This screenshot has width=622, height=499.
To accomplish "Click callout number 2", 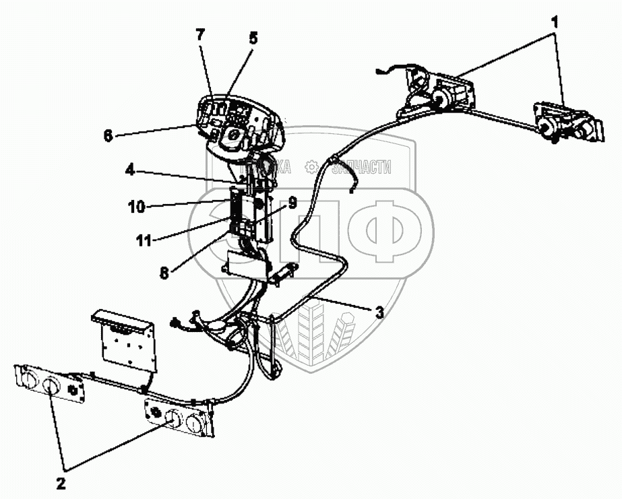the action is coord(61,483).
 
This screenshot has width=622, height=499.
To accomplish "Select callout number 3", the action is coord(380,312).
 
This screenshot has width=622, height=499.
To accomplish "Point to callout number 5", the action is coord(253,38).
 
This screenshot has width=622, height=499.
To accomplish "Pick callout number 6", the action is coord(108,135).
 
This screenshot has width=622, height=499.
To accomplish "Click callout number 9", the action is coord(292,201).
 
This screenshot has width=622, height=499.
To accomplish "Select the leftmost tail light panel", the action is coord(51,384).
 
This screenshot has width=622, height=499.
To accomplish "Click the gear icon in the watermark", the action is coord(311,166).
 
